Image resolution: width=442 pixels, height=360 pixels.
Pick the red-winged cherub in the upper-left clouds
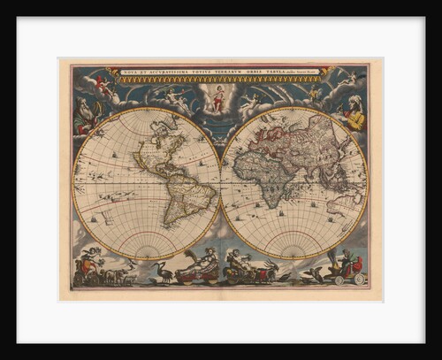click(104, 86)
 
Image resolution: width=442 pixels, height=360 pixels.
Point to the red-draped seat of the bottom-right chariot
click(347, 264)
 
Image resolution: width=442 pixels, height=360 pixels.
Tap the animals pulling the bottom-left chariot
click(115, 276)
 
